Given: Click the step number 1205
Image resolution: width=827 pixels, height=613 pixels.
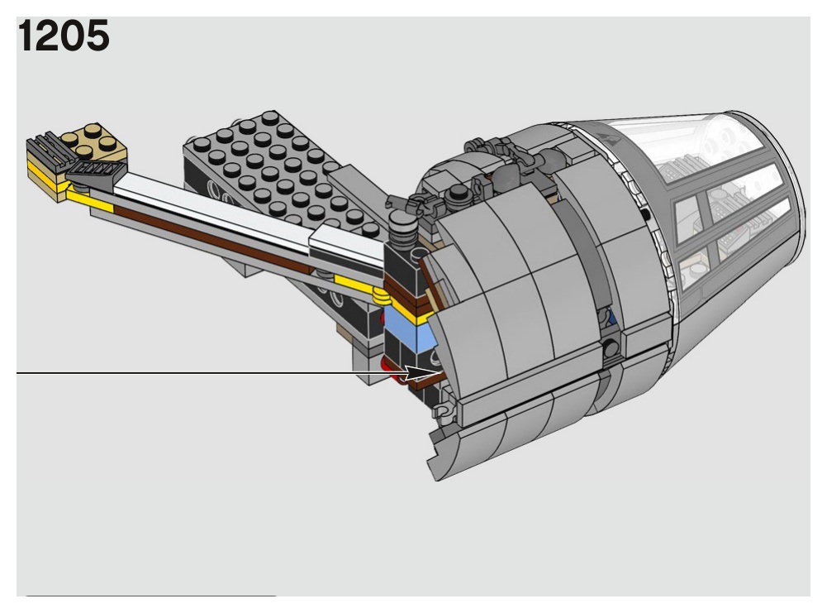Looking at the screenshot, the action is [64, 36].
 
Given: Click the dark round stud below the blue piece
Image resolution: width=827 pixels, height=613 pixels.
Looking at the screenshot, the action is [611, 348].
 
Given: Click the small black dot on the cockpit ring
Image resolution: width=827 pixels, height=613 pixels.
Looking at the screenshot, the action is [646, 213].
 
